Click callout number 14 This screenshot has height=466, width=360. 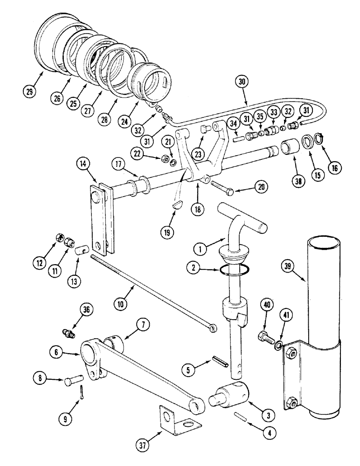83,164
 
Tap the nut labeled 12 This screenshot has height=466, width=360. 59,238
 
